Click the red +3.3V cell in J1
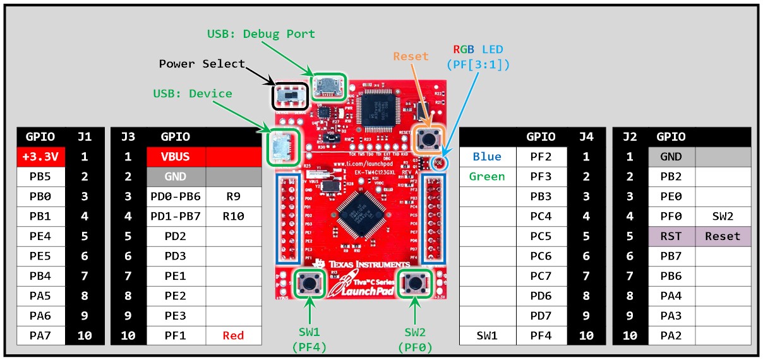point(40,156)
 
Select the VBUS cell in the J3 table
point(176,156)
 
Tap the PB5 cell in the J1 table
point(40,176)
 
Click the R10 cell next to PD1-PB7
point(233,216)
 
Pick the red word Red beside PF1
point(233,335)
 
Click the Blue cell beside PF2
point(487,156)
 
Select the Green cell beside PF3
point(487,176)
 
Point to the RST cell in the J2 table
point(671,236)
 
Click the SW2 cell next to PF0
point(723,216)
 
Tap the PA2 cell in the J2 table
point(671,335)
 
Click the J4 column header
point(586,136)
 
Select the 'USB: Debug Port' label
point(261,33)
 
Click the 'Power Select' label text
point(201,64)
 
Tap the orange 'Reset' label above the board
point(411,56)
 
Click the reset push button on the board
point(429,139)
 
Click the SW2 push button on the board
point(415,283)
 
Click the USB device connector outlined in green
point(280,148)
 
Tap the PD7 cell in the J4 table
point(541,316)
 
